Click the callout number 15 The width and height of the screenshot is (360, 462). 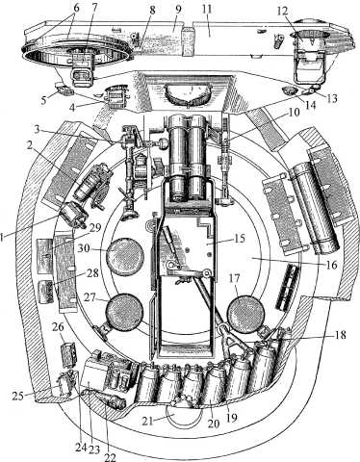(239, 239)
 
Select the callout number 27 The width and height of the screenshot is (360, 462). (90, 297)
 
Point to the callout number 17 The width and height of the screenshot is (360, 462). (234, 279)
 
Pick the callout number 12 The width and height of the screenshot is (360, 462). (283, 12)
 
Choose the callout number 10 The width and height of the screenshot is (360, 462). (294, 112)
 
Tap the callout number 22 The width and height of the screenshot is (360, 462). (110, 457)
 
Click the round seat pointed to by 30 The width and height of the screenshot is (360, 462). (124, 255)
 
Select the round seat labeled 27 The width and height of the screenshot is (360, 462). (124, 312)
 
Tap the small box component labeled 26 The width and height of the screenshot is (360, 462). (68, 355)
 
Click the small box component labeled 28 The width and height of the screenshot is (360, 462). (45, 292)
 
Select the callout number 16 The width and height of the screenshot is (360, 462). (331, 265)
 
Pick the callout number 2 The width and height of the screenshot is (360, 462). (30, 145)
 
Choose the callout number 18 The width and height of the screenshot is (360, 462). (340, 335)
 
